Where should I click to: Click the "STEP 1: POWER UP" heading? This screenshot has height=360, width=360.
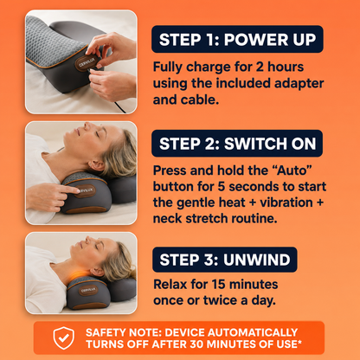point(237,39)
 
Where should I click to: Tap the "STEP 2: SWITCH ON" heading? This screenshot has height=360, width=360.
point(237,144)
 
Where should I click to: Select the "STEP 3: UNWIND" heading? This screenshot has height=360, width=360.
point(225,260)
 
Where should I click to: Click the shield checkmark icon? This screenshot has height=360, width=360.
point(64,338)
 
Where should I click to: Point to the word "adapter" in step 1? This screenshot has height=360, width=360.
point(299,84)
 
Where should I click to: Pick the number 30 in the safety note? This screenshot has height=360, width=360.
point(197,344)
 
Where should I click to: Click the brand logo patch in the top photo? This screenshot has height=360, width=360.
point(86,63)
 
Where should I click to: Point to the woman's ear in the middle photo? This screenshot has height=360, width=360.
point(96,166)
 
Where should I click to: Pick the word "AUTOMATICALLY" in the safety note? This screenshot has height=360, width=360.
point(253,332)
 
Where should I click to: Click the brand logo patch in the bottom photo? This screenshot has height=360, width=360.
point(88,290)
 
